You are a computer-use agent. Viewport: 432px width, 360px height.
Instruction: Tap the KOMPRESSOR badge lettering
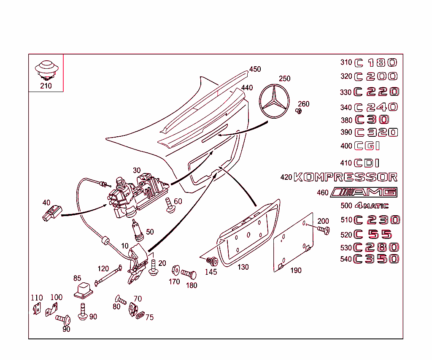pyautogui.click(x=345, y=177)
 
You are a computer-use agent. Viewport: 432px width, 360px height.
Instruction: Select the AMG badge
pyautogui.click(x=364, y=192)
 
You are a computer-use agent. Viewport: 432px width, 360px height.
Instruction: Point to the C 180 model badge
pyautogui.click(x=375, y=63)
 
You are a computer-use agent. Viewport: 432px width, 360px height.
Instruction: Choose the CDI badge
pyautogui.click(x=367, y=163)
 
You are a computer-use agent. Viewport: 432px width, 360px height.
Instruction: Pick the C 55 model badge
pyautogui.click(x=373, y=234)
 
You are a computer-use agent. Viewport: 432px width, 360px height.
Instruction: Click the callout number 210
pyautogui.click(x=46, y=86)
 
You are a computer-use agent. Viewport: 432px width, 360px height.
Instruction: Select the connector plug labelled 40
pyautogui.click(x=51, y=213)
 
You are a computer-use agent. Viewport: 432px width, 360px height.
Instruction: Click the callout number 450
pyautogui.click(x=255, y=69)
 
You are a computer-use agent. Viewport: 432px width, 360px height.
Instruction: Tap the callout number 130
pyautogui.click(x=243, y=267)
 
